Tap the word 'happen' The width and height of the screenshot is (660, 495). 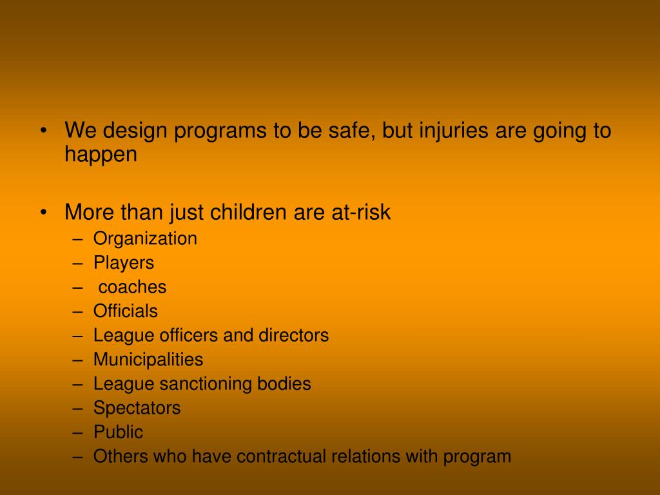tap(101, 155)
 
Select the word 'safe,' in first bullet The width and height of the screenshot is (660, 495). tap(354, 131)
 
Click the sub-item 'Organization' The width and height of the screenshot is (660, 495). tap(145, 239)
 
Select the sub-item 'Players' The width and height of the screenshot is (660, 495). tap(124, 263)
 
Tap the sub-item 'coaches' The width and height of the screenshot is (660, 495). tap(132, 287)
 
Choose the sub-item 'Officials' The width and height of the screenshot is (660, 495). tap(125, 311)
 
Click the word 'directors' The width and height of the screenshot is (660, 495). tap(293, 335)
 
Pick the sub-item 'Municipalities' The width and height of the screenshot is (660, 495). tap(148, 360)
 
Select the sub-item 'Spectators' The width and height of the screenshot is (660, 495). tap(137, 408)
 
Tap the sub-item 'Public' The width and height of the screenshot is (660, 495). tap(118, 432)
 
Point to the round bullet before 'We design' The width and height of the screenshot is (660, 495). tap(43, 131)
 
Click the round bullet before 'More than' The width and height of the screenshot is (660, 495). tap(43, 213)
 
